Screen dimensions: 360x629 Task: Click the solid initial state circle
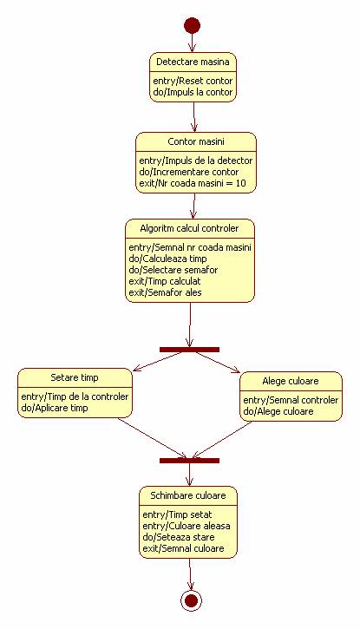(x=192, y=26)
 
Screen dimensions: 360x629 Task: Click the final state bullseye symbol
(x=191, y=600)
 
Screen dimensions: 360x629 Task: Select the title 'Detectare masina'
(x=193, y=62)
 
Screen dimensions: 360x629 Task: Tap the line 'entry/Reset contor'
(x=193, y=81)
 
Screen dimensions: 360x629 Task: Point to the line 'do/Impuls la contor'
(x=193, y=92)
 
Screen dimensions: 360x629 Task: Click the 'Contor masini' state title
(x=196, y=141)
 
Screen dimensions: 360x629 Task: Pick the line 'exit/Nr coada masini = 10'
(x=193, y=183)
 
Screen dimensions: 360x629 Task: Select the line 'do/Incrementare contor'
(x=189, y=172)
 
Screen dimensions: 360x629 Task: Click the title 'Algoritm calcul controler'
(x=189, y=228)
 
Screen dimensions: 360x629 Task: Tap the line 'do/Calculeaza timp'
(x=167, y=259)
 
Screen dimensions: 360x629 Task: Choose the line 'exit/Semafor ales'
(x=165, y=292)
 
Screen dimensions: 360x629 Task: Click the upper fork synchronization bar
(x=189, y=350)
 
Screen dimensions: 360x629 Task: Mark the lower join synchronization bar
(x=189, y=461)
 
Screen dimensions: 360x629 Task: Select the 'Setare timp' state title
(x=75, y=377)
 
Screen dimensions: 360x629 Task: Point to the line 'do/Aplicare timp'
(x=55, y=408)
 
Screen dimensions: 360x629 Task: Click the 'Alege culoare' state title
(x=291, y=381)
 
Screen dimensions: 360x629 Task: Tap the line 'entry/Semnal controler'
(x=291, y=400)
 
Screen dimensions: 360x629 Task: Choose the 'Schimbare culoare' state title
(x=188, y=495)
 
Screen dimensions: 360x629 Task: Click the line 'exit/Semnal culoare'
(x=183, y=548)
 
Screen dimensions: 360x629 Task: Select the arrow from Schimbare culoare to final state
(x=190, y=574)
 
